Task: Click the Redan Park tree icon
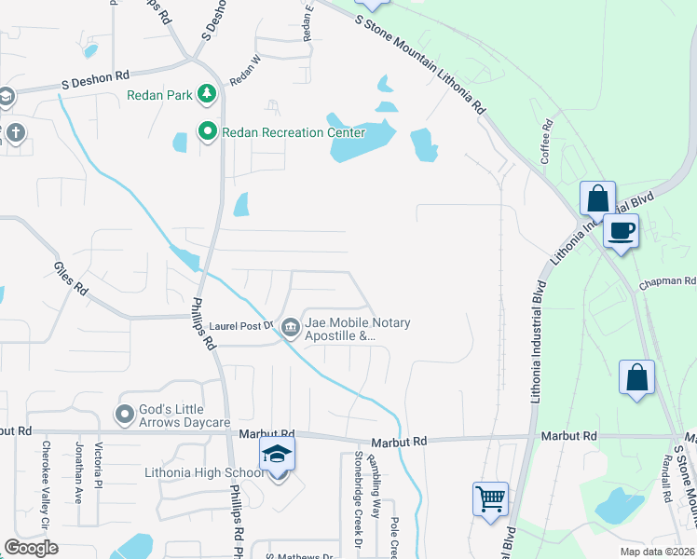click(x=206, y=94)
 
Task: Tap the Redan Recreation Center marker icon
click(x=206, y=132)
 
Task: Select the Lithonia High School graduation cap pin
click(x=277, y=454)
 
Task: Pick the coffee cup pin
click(x=621, y=230)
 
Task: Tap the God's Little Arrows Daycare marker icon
click(x=124, y=414)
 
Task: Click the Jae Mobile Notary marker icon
click(x=291, y=326)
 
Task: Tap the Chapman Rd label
click(x=667, y=281)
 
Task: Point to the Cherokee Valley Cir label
click(x=44, y=477)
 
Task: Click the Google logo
click(x=31, y=548)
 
